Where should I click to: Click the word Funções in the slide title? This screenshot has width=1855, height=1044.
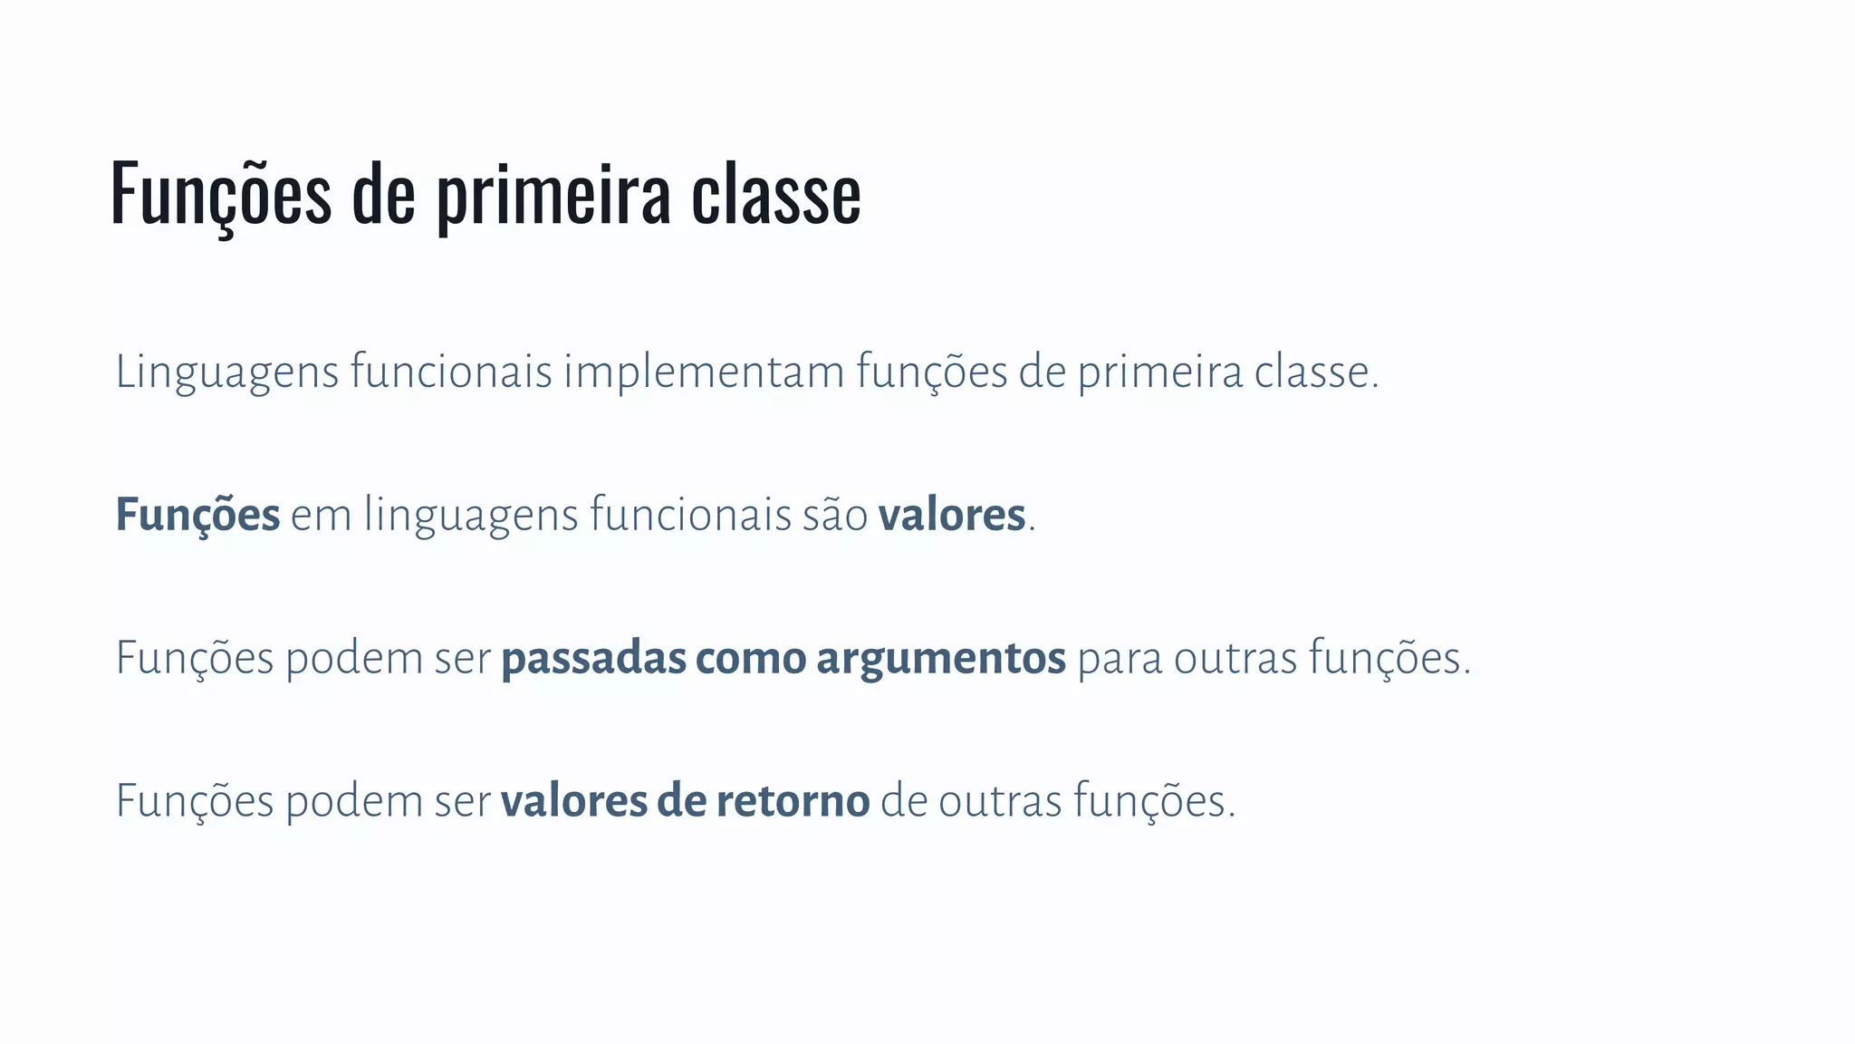221,194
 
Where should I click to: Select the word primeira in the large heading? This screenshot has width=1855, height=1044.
553,194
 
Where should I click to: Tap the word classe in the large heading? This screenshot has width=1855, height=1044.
775,194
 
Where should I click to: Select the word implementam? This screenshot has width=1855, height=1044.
704,372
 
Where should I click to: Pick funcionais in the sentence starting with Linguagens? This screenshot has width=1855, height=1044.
451,372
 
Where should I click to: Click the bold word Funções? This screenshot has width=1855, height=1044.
197,516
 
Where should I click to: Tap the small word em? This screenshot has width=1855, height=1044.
321,516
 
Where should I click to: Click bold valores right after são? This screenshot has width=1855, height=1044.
951,516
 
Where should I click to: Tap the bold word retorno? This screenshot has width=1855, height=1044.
793,801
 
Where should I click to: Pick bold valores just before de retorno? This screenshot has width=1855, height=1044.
573,801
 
